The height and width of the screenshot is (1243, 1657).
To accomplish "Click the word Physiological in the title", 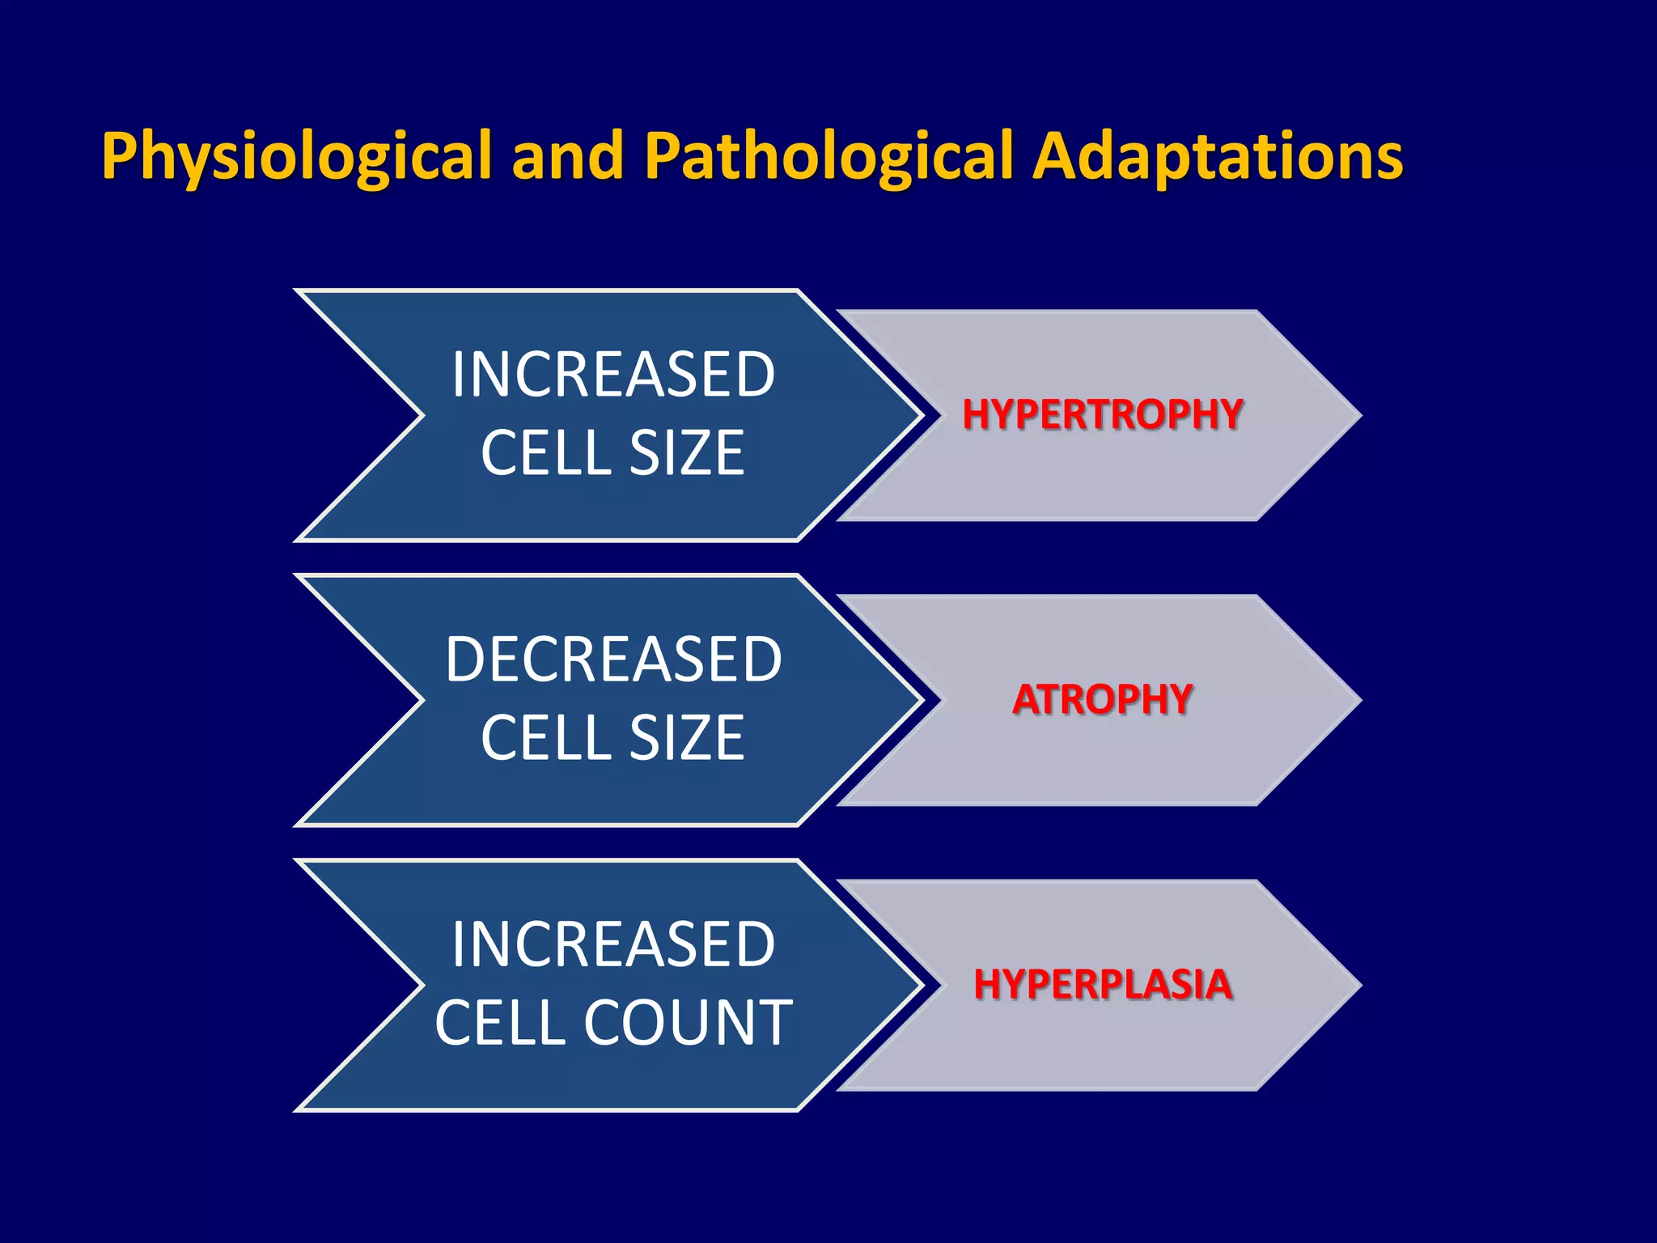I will tap(296, 156).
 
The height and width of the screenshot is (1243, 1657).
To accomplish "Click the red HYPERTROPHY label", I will tap(1102, 415).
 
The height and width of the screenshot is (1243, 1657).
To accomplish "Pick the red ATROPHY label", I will tap(1102, 700).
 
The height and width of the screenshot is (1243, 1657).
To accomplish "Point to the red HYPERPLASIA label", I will tap(1102, 985).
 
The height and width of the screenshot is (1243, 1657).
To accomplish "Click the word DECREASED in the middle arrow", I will tap(613, 660).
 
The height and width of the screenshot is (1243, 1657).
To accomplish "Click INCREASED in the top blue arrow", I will tap(613, 375).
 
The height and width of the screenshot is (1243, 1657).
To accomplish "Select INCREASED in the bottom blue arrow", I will tap(613, 944).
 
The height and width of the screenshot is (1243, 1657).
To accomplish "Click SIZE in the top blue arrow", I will tap(686, 453).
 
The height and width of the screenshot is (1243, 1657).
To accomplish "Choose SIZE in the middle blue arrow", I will tap(686, 738).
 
